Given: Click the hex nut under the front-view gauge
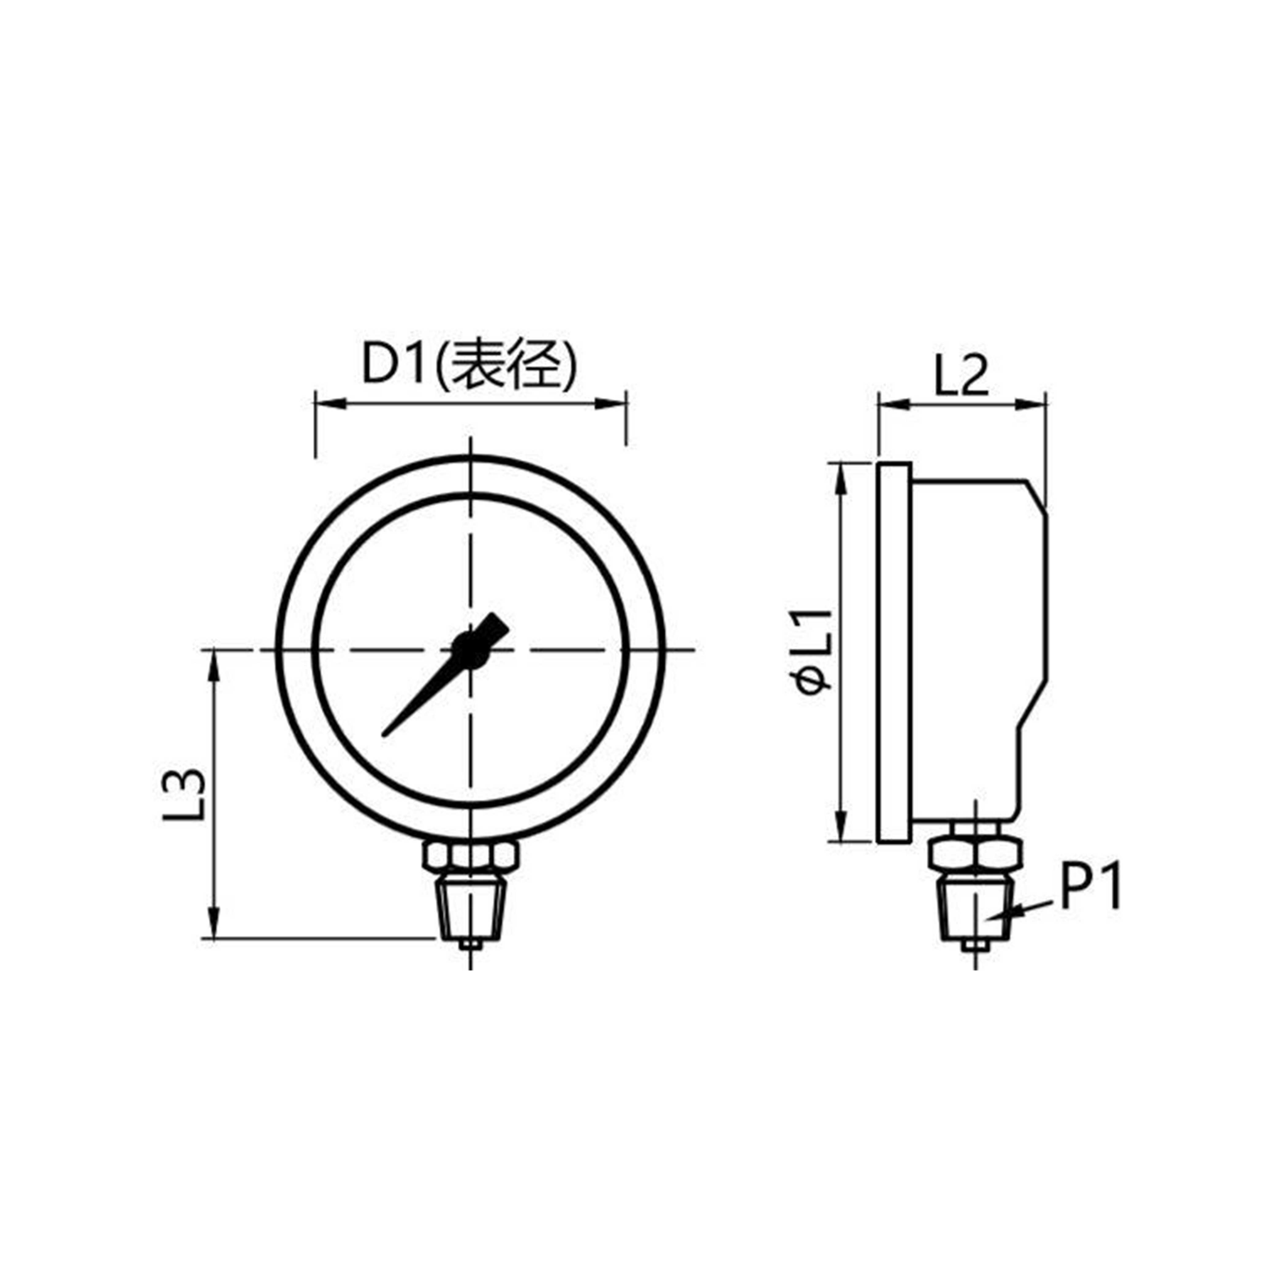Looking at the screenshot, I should pyautogui.click(x=470, y=856).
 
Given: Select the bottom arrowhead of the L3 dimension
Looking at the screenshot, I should pyautogui.click(x=213, y=929).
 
